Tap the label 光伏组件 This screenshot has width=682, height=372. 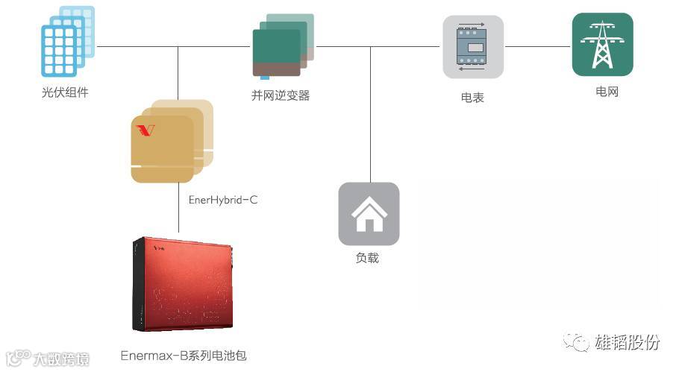65,93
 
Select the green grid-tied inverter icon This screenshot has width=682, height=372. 283,46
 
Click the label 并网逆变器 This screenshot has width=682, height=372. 281,95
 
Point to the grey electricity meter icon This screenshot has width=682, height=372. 473,47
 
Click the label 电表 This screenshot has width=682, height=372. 472,98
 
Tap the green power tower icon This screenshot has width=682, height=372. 602,45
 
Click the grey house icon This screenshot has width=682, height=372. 369,213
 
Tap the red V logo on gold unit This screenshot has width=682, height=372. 146,130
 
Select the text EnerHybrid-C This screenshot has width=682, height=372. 223,201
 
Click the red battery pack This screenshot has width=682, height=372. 185,284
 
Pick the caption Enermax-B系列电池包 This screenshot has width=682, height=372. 184,356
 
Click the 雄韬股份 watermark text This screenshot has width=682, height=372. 628,342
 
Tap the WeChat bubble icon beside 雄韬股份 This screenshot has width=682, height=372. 576,342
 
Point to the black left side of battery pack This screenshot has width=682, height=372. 137,284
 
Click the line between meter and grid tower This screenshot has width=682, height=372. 537,47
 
